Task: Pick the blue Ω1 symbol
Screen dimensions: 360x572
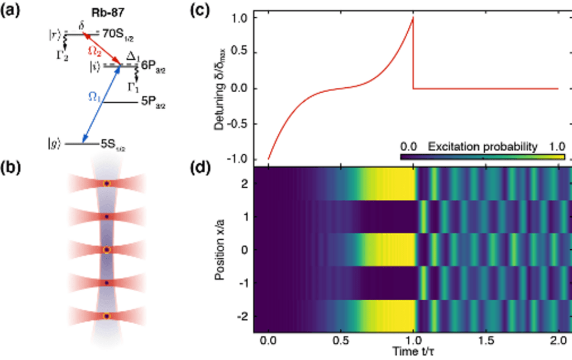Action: pyautogui.click(x=93, y=96)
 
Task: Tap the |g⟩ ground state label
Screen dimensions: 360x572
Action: pyautogui.click(x=54, y=144)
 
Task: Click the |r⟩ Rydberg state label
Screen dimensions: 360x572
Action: pyautogui.click(x=54, y=35)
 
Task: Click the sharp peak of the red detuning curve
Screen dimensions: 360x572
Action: pyautogui.click(x=413, y=18)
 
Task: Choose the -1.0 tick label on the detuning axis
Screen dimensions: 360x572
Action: pyautogui.click(x=240, y=159)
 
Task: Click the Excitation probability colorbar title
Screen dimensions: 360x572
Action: pyautogui.click(x=482, y=146)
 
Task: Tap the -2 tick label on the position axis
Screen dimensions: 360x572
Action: pyautogui.click(x=244, y=316)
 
